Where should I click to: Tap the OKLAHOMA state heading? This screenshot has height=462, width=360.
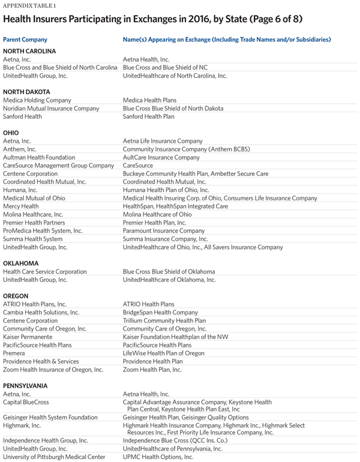pyautogui.click(x=21, y=263)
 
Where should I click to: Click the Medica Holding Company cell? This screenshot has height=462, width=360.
pyautogui.click(x=37, y=100)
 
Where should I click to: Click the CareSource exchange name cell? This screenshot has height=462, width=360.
pyautogui.click(x=137, y=166)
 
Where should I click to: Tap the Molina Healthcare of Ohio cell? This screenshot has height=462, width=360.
pyautogui.click(x=157, y=214)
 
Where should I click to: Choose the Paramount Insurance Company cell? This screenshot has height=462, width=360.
pyautogui.click(x=164, y=230)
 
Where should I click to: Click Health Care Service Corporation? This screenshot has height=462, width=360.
pyautogui.click(x=45, y=272)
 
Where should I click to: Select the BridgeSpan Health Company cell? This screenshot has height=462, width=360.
pyautogui.click(x=160, y=313)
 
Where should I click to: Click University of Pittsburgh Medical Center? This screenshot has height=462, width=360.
pyautogui.click(x=49, y=457)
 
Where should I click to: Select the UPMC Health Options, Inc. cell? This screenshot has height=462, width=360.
pyautogui.click(x=158, y=457)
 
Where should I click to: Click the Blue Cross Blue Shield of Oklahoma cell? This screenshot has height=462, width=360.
pyautogui.click(x=169, y=272)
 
